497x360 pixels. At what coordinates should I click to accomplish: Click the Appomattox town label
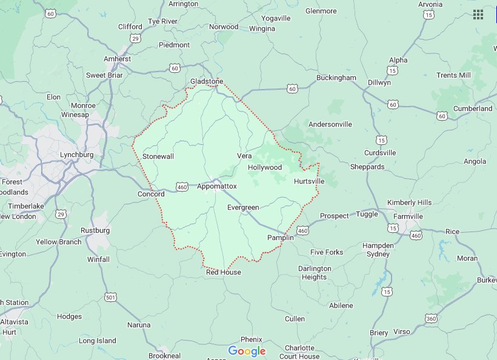[216, 187]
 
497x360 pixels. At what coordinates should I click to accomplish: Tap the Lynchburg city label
[76, 155]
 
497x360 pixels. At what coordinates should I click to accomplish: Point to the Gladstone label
[207, 81]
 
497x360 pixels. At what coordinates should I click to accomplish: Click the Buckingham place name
[336, 78]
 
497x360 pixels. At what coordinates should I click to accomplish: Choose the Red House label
[223, 272]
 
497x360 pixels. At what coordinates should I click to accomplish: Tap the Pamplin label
[280, 238]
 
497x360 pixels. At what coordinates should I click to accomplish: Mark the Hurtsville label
[309, 181]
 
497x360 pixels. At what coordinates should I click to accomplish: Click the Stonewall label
[158, 156]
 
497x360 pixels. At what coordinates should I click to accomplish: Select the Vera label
[244, 156]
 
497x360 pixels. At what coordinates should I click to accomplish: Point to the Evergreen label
[242, 208]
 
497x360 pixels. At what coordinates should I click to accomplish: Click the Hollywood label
[265, 167]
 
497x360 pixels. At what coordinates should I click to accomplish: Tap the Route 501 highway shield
[110, 296]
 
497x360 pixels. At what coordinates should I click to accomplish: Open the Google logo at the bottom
[247, 352]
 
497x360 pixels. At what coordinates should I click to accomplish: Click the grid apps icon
[478, 15]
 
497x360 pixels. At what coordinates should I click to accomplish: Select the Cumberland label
[473, 108]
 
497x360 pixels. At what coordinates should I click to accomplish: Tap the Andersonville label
[330, 124]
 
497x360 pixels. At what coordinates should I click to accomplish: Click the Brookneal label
[164, 356]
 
